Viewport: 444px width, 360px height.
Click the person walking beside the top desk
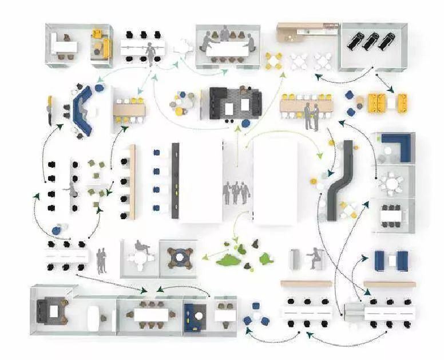pyautogui.click(x=152, y=55)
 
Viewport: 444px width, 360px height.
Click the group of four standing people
pyautogui.click(x=236, y=192)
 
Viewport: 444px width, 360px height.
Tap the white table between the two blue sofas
pyautogui.click(x=391, y=261)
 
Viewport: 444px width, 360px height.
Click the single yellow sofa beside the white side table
pyautogui.click(x=101, y=45)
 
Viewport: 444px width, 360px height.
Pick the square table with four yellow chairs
pyautogui.click(x=273, y=61)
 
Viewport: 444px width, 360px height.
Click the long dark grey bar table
pyautogui.click(x=175, y=180)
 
